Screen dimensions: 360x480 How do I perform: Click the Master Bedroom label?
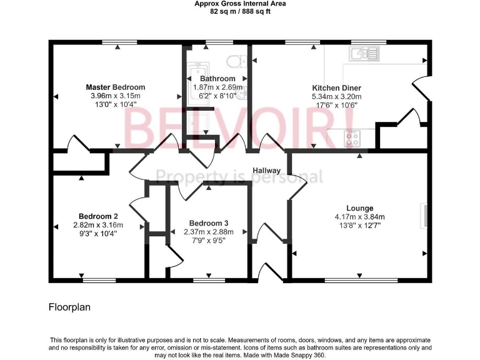pyautogui.click(x=116, y=87)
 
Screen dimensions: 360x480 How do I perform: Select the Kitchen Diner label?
pyautogui.click(x=336, y=88)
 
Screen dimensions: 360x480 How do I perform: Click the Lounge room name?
pyautogui.click(x=360, y=208)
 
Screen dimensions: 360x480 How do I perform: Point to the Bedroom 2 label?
pyautogui.click(x=98, y=216)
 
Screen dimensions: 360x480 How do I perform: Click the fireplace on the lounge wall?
pyautogui.click(x=427, y=215)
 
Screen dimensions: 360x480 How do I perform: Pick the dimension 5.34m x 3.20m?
pyautogui.click(x=336, y=97)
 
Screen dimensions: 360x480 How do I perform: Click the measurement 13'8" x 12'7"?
pyautogui.click(x=360, y=225)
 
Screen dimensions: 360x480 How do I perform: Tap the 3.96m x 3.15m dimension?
pyautogui.click(x=115, y=96)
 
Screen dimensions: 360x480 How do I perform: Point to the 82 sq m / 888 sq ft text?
pyautogui.click(x=239, y=11)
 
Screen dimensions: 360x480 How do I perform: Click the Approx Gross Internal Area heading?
pyautogui.click(x=239, y=4)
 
